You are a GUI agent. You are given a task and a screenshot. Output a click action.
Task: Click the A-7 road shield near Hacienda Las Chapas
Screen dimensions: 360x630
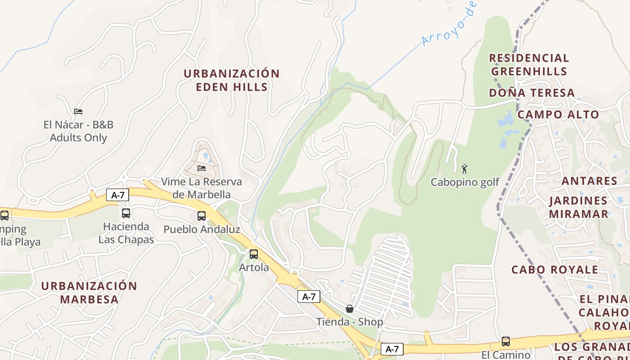pos(117,195)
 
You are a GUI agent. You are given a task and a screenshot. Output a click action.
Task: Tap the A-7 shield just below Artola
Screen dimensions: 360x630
pos(309,297)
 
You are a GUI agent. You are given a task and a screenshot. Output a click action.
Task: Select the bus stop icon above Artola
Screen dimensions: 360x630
pos(254,254)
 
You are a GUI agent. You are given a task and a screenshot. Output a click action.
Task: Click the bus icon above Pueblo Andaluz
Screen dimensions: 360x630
pos(202,216)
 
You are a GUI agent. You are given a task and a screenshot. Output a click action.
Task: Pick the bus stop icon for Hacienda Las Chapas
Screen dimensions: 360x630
pos(126,213)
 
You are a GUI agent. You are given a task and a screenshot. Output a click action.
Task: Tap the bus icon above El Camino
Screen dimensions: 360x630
pos(506,342)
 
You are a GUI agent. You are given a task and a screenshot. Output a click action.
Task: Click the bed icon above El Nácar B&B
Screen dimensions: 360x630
pos(78,111)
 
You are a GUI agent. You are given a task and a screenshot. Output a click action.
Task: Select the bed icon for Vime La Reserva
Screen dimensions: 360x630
pos(202,168)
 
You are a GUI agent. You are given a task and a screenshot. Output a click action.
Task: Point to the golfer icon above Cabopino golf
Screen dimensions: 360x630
pos(464,169)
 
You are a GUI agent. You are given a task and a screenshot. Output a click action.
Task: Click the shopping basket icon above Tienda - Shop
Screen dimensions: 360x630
pos(350,309)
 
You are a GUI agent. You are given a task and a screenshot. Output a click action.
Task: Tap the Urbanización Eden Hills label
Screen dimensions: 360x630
pos(232,80)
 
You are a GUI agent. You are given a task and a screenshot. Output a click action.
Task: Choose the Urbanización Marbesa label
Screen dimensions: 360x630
pos(89,292)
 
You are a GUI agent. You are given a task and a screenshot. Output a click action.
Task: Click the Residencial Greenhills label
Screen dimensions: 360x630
pos(529,64)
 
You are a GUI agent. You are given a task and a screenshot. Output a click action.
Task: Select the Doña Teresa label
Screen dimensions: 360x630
pos(532,93)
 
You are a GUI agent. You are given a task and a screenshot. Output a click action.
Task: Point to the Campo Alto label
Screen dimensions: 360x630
pos(558,114)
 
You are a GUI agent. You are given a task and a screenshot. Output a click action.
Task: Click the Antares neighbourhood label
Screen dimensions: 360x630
pos(589,181)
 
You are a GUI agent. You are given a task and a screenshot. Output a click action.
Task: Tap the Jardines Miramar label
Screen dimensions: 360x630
pos(579,207)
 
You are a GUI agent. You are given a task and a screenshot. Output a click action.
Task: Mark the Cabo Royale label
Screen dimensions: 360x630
pos(555,270)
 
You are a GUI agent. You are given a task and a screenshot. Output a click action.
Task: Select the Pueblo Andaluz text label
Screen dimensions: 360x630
pos(202,229)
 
